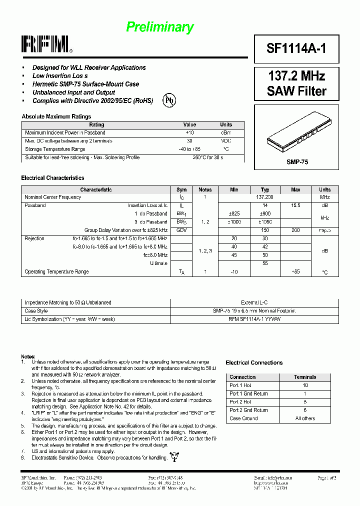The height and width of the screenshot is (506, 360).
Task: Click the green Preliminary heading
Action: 159,27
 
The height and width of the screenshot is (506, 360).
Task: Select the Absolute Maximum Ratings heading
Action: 56,116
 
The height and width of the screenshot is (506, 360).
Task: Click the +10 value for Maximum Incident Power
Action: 189,132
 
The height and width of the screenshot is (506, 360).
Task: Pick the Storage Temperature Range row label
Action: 55,149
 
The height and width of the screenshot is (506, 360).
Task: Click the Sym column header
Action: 181,189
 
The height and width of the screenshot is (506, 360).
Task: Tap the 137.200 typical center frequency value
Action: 265,197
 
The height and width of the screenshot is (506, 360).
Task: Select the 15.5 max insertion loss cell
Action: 295,205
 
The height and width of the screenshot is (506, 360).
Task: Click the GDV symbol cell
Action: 181,230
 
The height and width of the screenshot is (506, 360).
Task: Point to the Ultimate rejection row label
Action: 158,263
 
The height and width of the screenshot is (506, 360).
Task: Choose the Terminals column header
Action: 304,377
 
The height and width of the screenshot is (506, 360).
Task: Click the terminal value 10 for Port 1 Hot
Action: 304,385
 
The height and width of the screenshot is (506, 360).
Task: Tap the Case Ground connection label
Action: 243,418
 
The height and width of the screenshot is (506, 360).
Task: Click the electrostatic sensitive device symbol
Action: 174,456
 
